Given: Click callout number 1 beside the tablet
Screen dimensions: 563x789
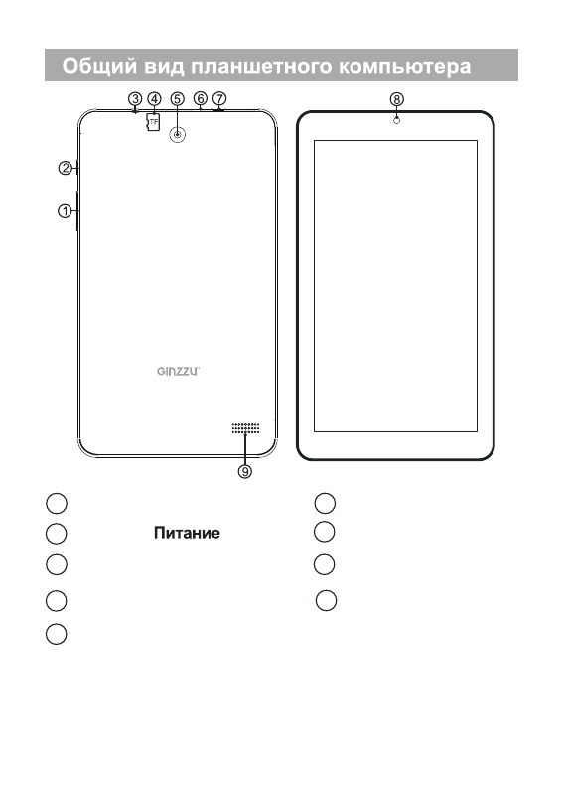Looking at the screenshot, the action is point(65,211).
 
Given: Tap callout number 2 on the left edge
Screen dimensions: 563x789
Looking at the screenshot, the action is point(66,168).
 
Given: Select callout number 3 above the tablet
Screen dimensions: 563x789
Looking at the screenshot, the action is point(135,98).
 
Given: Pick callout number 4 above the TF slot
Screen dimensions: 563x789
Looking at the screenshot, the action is point(154,98).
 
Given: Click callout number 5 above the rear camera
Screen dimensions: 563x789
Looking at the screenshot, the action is point(177,98).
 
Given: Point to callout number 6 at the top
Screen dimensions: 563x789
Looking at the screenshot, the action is point(200,98).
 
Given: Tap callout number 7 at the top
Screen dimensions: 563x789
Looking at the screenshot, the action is point(219,98).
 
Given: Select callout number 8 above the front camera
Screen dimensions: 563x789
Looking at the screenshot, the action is point(396,99).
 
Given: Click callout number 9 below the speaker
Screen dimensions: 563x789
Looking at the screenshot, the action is point(245,471).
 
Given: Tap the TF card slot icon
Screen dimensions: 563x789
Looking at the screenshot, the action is point(153,122).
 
